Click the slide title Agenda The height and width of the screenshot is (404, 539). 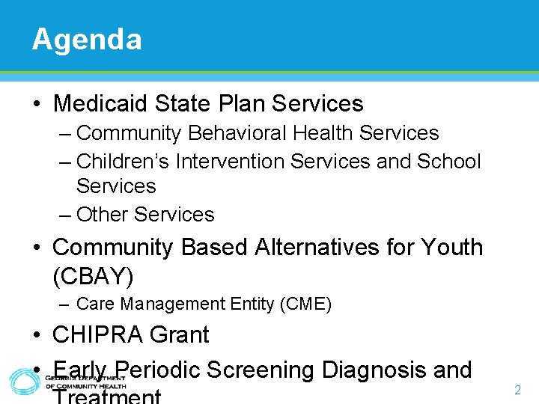point(87,39)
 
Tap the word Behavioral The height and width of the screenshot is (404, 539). point(237,133)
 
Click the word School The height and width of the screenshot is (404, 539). point(448,161)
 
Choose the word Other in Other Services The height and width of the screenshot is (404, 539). point(103,214)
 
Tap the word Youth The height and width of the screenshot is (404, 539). point(451,247)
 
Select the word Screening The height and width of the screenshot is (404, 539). point(261,370)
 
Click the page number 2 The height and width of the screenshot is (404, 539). point(517,390)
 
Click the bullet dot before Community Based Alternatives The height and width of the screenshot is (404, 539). point(37,248)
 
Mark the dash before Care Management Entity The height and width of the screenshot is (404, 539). point(66,304)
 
